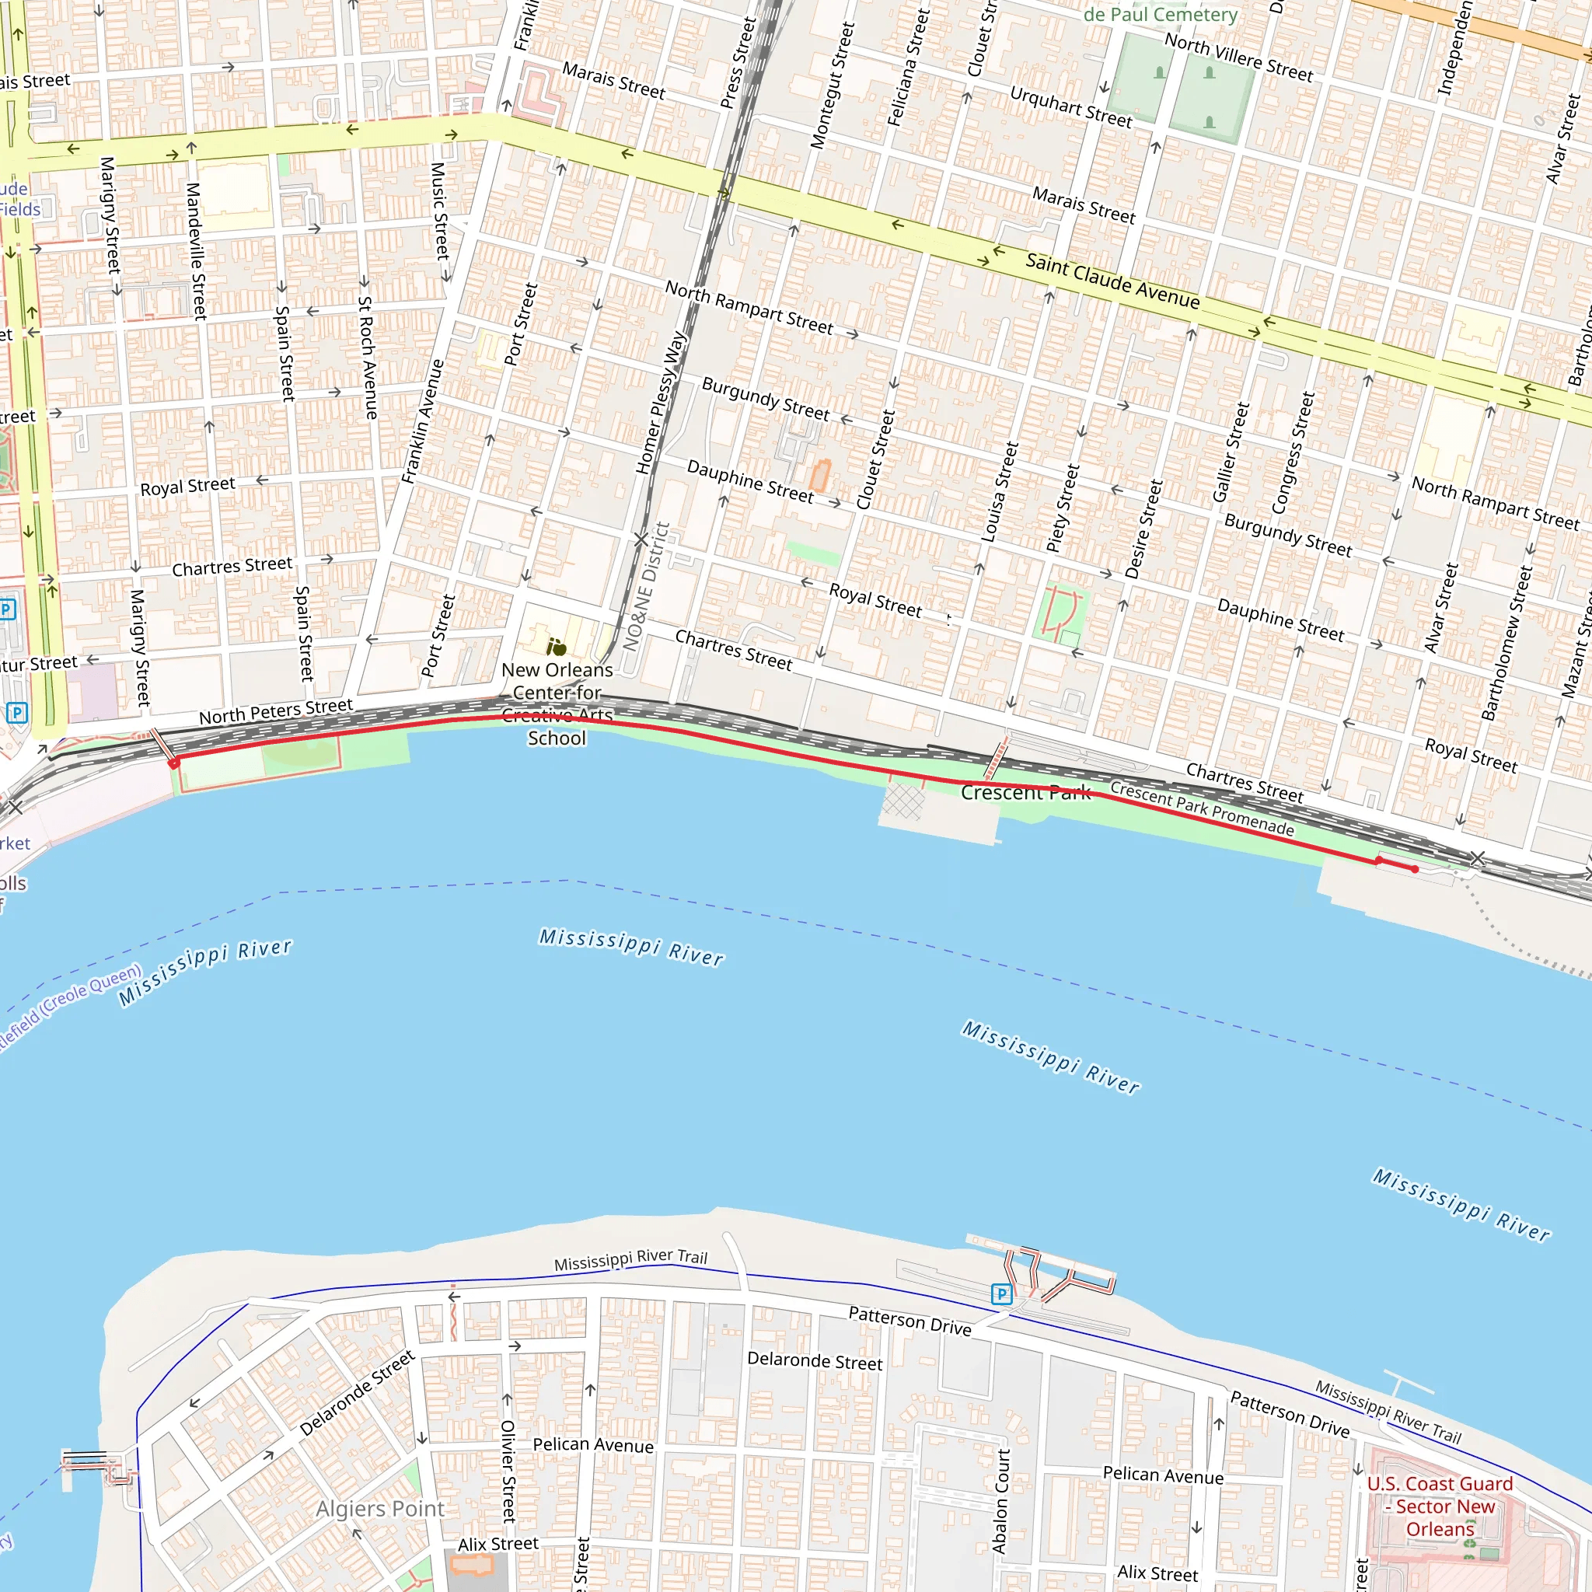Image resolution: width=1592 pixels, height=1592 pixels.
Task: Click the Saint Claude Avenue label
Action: (1112, 281)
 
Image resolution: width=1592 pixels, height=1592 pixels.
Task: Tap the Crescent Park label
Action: (1025, 793)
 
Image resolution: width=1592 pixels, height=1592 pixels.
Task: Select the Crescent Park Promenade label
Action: (1202, 808)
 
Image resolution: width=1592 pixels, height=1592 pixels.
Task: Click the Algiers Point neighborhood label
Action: (380, 1509)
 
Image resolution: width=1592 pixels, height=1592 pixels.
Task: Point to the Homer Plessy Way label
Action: (661, 402)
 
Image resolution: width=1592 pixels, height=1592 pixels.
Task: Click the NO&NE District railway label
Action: (647, 587)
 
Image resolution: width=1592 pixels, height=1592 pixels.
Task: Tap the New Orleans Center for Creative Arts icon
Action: (557, 647)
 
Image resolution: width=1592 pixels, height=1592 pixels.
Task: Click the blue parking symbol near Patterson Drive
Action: (1001, 1293)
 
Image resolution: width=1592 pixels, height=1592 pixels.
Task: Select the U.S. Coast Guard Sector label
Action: (1440, 1506)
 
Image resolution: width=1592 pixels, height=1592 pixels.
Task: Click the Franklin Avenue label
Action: (423, 421)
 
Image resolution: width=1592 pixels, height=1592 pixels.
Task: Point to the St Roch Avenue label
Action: (367, 358)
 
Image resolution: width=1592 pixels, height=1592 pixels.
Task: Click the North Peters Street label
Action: (276, 711)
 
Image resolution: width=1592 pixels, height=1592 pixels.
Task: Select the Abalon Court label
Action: (1001, 1501)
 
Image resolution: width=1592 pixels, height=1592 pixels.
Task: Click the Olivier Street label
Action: (508, 1470)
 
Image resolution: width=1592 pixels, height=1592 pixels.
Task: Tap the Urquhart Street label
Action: (1070, 107)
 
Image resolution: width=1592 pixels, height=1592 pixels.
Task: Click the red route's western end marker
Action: (174, 764)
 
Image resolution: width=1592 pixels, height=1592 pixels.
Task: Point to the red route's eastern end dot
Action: (1415, 869)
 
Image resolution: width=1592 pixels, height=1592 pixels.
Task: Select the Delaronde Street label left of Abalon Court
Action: (814, 1360)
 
